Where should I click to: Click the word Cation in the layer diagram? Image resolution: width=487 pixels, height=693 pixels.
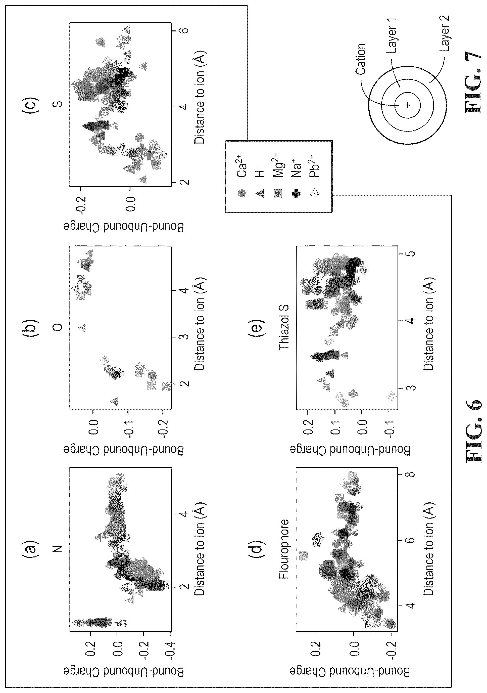click(360, 59)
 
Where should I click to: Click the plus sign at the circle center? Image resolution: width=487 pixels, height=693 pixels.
click(407, 105)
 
